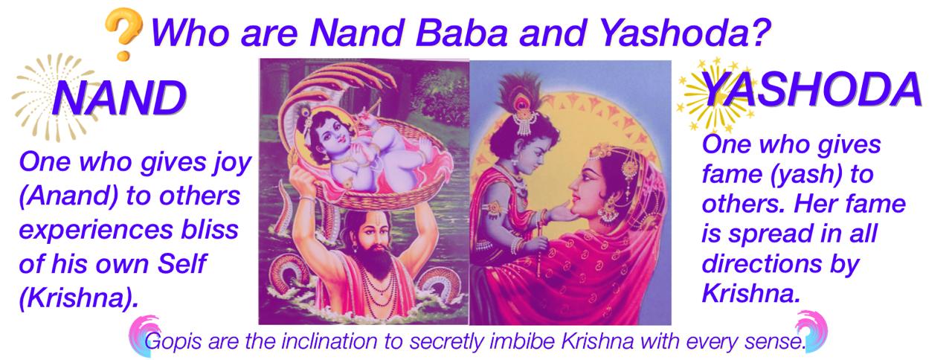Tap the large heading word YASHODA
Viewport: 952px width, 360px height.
point(811,90)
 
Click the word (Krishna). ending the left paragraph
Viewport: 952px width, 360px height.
point(78,298)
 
